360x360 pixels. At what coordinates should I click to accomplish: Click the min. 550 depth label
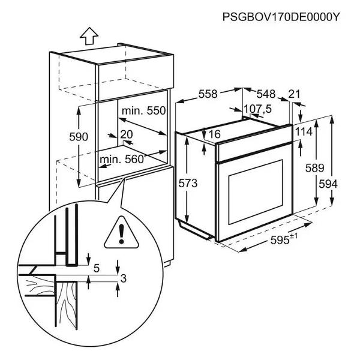pos(143,111)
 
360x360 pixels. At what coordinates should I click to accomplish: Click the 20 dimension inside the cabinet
pos(126,134)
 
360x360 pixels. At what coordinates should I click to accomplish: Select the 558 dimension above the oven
pos(208,94)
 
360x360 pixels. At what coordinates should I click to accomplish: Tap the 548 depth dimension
pos(265,94)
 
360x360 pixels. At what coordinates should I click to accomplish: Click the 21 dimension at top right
pos(294,94)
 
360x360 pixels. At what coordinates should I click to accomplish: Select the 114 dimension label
pos(304,131)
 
